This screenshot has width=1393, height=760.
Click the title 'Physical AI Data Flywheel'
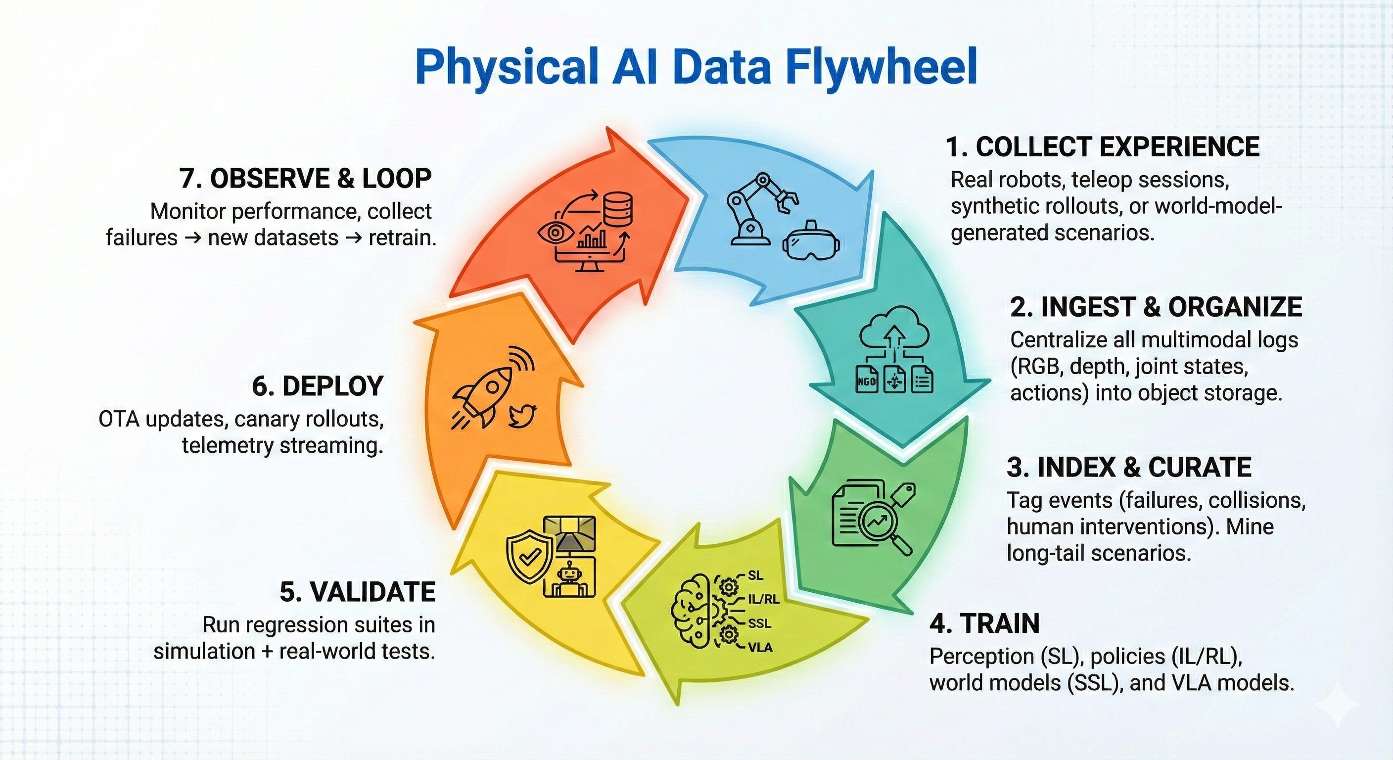tap(696, 68)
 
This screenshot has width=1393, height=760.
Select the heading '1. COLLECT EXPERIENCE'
tap(1103, 147)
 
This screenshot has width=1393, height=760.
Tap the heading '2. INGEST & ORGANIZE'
tap(1156, 307)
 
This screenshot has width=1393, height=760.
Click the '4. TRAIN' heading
tap(984, 624)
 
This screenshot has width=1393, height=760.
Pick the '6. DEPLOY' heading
tap(318, 386)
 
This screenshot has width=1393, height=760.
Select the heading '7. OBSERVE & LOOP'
tap(306, 179)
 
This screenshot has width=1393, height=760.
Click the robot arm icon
tap(757, 208)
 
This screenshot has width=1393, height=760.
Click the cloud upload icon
tap(895, 330)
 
